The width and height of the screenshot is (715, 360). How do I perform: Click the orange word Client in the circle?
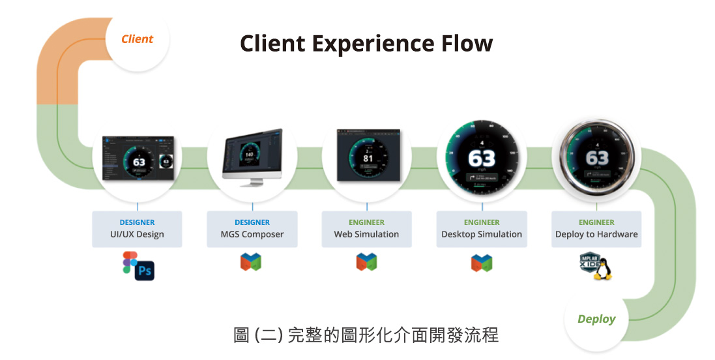pyautogui.click(x=137, y=39)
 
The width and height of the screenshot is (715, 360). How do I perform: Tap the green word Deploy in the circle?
pyautogui.click(x=596, y=319)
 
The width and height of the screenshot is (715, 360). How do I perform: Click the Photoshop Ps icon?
pyautogui.click(x=144, y=269)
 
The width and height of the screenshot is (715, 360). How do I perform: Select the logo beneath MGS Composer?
pyautogui.click(x=251, y=262)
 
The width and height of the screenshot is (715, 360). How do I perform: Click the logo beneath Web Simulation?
pyautogui.click(x=366, y=262)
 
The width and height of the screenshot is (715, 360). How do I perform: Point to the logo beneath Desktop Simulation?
pyautogui.click(x=482, y=263)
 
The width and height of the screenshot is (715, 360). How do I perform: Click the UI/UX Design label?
pyautogui.click(x=137, y=234)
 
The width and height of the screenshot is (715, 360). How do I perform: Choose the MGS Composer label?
pyautogui.click(x=252, y=234)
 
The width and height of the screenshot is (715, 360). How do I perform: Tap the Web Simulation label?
pyautogui.click(x=366, y=234)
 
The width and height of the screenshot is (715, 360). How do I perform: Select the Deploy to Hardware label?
pyautogui.click(x=596, y=234)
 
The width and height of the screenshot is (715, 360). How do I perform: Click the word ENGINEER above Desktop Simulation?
pyautogui.click(x=482, y=222)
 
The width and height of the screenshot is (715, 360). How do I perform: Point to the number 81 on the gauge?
pyautogui.click(x=368, y=158)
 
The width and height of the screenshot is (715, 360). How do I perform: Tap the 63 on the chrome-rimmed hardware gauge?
pyautogui.click(x=597, y=158)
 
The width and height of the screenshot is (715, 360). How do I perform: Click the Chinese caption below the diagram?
pyautogui.click(x=366, y=335)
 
